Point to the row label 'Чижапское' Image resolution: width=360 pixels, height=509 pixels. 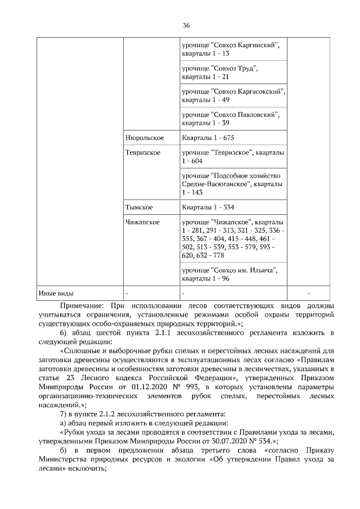142,222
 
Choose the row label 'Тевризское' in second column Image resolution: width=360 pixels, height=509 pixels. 144,152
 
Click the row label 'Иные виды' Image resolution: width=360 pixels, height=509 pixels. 56,293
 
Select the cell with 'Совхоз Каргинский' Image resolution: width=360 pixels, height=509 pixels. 231,49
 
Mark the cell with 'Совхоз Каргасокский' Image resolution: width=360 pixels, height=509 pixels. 233,95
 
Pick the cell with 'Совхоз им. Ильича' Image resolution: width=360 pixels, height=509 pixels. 230,274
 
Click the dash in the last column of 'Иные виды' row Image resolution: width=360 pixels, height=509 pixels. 309,293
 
